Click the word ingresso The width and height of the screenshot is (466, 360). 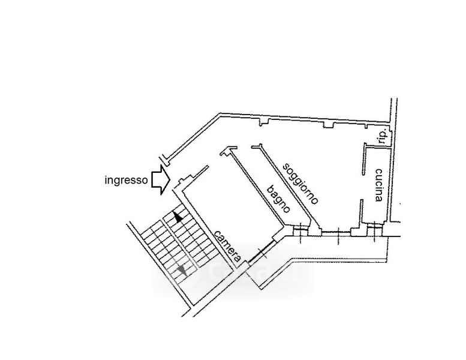click(126, 181)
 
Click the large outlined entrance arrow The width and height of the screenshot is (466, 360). click(161, 180)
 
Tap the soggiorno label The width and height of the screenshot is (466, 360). click(300, 184)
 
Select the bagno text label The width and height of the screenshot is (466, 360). click(278, 199)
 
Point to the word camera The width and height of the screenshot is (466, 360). click(227, 245)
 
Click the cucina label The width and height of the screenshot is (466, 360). click(378, 185)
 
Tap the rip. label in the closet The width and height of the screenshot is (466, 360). click(384, 137)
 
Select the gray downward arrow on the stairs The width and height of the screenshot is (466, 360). click(182, 271)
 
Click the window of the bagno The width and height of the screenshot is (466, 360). click(300, 231)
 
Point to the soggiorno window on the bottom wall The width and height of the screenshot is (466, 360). click(336, 233)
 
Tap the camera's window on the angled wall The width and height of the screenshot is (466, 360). click(262, 252)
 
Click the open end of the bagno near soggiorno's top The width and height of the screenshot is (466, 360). click(244, 147)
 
